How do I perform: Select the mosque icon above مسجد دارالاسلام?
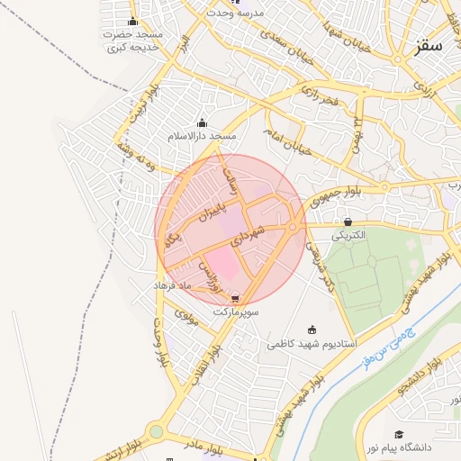pos(201,123)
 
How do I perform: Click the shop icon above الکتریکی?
pos(348,221)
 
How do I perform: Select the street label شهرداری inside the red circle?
pos(248,236)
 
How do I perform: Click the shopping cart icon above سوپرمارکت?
pos(236,298)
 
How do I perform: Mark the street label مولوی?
pos(185,316)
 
